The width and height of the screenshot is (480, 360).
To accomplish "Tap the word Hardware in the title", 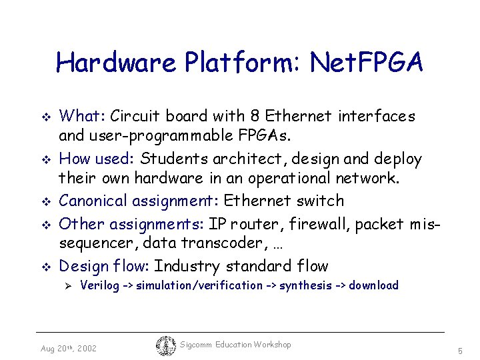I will pyautogui.click(x=116, y=63).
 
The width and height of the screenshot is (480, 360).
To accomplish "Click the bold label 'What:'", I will pyautogui.click(x=83, y=117).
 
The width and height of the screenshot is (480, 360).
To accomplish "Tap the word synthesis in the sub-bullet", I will pyautogui.click(x=305, y=285).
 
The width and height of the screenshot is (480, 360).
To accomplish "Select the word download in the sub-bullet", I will pyautogui.click(x=373, y=285).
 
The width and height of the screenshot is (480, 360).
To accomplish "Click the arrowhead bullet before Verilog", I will pyautogui.click(x=67, y=286).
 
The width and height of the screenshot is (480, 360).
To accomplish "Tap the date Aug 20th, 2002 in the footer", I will pyautogui.click(x=68, y=349).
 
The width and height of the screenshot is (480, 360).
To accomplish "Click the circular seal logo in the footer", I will pyautogui.click(x=165, y=345).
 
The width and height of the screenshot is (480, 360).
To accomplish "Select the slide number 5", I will pyautogui.click(x=460, y=350).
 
